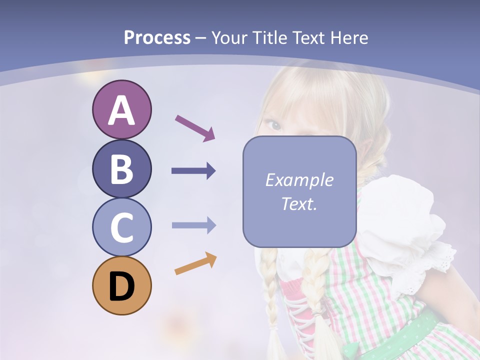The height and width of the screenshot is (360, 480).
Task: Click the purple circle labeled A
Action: coord(121,109)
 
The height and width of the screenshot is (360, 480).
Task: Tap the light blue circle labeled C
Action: coord(121,227)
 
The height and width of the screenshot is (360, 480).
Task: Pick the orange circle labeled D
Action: coord(121,286)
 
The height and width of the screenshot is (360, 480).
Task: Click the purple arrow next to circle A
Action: coord(195,128)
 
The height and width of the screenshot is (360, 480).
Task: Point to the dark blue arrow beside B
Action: coord(193,171)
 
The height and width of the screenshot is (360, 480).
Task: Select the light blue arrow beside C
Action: coord(193,225)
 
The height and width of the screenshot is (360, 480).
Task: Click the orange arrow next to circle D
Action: coord(195,263)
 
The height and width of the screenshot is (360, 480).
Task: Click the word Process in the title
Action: coord(157,38)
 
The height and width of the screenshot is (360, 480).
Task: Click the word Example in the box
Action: coord(299,180)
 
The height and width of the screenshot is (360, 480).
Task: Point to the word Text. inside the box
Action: coord(299,204)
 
